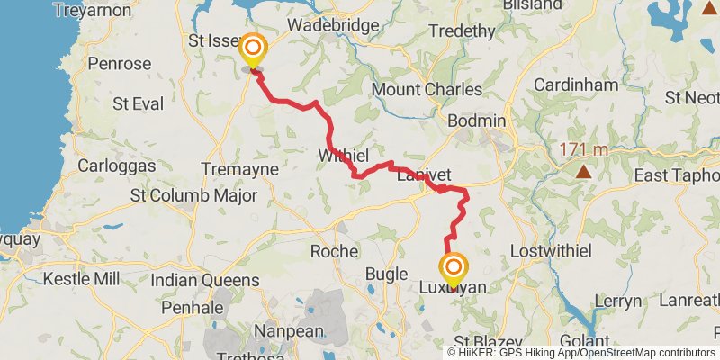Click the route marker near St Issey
tap(253, 49)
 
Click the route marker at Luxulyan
tap(454, 268)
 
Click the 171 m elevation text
tap(584, 149)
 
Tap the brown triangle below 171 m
tap(584, 170)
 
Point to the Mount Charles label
tap(427, 90)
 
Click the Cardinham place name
tap(576, 85)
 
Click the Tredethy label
tap(463, 31)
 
